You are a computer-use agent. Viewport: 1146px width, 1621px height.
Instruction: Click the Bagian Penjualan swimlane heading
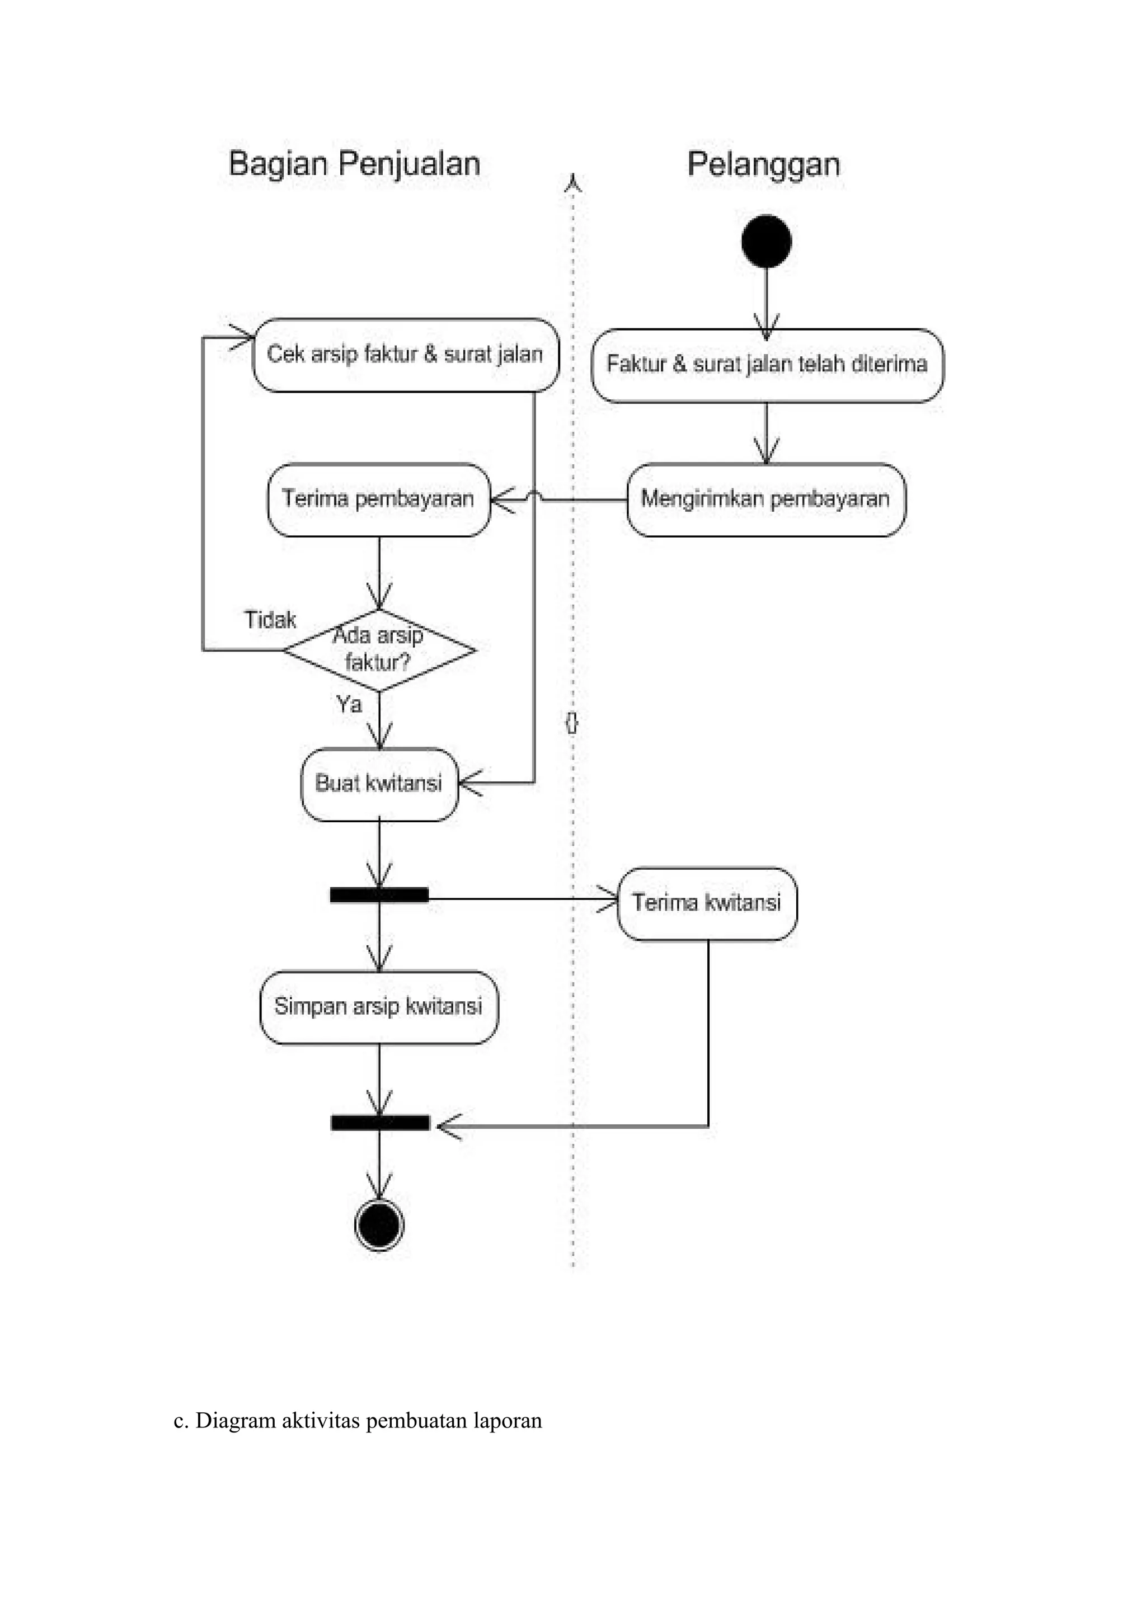(x=354, y=164)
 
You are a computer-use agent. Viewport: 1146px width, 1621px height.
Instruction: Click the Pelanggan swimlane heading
(x=763, y=164)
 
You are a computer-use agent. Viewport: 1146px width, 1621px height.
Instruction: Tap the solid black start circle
(x=766, y=241)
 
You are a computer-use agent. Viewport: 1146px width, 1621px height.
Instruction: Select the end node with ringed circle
(x=379, y=1224)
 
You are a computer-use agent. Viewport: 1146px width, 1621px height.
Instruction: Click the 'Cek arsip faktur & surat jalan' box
(x=405, y=355)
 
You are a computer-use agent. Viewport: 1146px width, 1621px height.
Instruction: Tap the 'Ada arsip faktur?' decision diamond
(x=379, y=649)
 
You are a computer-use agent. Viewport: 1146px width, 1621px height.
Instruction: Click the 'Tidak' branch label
(x=270, y=620)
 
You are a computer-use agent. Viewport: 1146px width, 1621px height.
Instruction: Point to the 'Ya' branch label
(x=349, y=704)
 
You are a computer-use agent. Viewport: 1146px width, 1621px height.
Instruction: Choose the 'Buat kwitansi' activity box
(x=379, y=784)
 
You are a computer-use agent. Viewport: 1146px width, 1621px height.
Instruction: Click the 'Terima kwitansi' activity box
(x=707, y=903)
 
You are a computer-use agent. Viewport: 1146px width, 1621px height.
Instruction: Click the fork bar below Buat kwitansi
(x=379, y=895)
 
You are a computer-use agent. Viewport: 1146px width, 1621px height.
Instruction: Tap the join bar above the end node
(x=380, y=1123)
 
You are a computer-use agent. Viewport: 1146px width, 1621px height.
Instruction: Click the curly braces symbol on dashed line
(x=572, y=722)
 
